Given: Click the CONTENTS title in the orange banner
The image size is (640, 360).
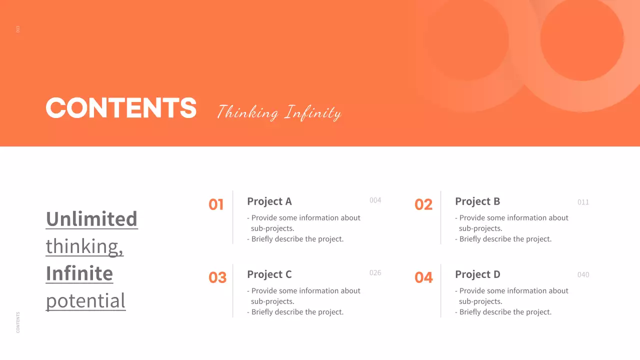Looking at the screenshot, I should (x=121, y=107).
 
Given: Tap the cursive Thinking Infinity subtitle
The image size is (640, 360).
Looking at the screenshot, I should (x=279, y=112).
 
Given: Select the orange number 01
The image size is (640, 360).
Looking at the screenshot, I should (x=216, y=204).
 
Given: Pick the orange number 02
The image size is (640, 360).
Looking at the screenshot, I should (x=423, y=204).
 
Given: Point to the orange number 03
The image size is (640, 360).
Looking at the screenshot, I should (x=217, y=277).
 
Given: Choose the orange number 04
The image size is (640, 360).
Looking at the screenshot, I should (x=423, y=277).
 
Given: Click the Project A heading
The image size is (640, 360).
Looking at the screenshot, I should (x=269, y=201).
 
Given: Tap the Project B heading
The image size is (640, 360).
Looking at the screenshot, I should (x=477, y=201).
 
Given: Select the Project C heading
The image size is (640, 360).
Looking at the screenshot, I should (x=269, y=274).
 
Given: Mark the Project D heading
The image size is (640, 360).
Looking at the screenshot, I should (x=477, y=274).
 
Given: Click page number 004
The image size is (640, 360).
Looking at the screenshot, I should (x=375, y=200).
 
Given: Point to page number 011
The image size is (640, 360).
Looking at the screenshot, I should (x=583, y=202).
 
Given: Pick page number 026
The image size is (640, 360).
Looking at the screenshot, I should (x=375, y=273).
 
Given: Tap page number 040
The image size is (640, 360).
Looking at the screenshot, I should (x=583, y=275).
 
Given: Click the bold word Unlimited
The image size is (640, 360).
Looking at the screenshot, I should (x=91, y=219).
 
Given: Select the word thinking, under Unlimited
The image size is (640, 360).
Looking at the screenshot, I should (x=84, y=246).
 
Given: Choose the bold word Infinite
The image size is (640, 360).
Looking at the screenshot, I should (x=79, y=273).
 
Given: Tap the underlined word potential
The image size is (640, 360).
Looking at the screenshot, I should (x=85, y=300).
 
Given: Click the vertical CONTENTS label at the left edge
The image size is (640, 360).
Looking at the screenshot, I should (x=18, y=322).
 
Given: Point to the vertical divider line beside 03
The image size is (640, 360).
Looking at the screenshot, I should (x=233, y=290).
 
